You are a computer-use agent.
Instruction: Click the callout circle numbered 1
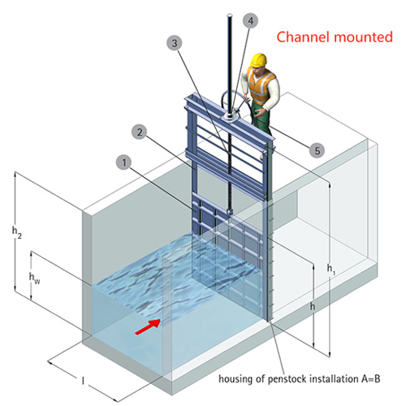[x=124, y=162]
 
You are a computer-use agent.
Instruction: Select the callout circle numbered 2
[x=140, y=132]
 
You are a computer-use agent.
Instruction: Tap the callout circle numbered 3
[x=175, y=43]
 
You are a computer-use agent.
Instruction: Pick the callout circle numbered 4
[x=250, y=21]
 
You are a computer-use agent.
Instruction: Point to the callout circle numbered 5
[x=317, y=150]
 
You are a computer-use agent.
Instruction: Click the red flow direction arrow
[x=148, y=326]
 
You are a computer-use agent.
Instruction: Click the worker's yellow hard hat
[x=259, y=60]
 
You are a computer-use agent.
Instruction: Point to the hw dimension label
[x=34, y=278]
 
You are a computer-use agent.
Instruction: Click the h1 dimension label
[x=331, y=269]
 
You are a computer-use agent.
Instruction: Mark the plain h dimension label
[x=313, y=306]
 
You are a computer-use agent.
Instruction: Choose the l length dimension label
[x=83, y=381]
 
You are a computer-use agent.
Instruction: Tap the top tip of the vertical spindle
[x=230, y=15]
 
